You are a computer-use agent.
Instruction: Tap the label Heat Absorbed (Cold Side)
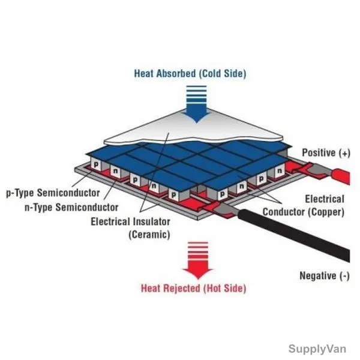[190, 74]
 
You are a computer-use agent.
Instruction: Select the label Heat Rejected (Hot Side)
[194, 289]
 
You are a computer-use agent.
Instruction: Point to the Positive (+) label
[326, 153]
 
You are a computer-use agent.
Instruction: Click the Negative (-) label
[325, 276]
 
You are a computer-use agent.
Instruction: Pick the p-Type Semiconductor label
[53, 193]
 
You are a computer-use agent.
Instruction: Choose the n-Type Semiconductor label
[71, 208]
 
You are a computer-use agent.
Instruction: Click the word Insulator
[152, 222]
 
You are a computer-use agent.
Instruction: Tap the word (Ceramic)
[149, 235]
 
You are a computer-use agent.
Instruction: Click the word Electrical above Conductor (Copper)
[325, 199]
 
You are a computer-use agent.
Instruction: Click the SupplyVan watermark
[317, 349]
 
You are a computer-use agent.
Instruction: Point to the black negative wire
[294, 235]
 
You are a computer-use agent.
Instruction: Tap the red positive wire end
[341, 176]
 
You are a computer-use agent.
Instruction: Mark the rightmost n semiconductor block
[280, 171]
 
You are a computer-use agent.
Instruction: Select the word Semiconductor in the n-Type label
[87, 208]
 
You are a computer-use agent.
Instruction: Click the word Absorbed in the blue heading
[176, 74]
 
